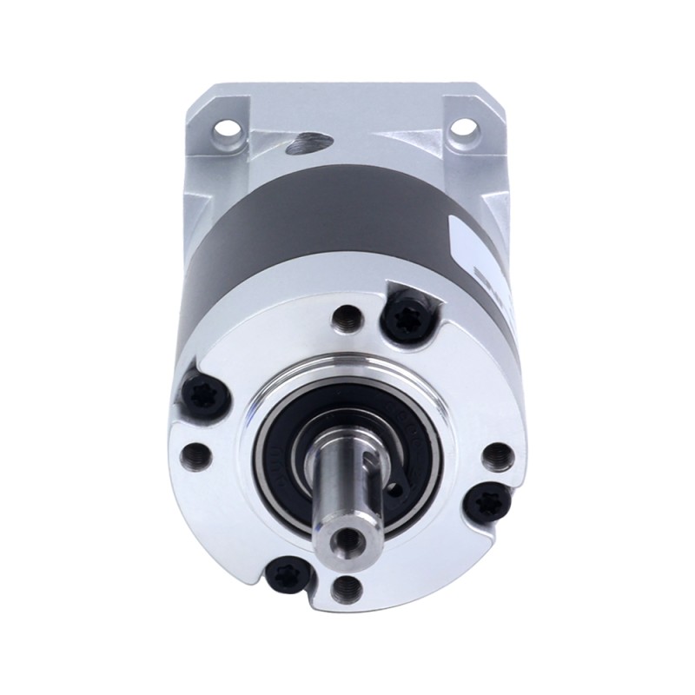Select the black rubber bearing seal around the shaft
(x=295, y=452)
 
